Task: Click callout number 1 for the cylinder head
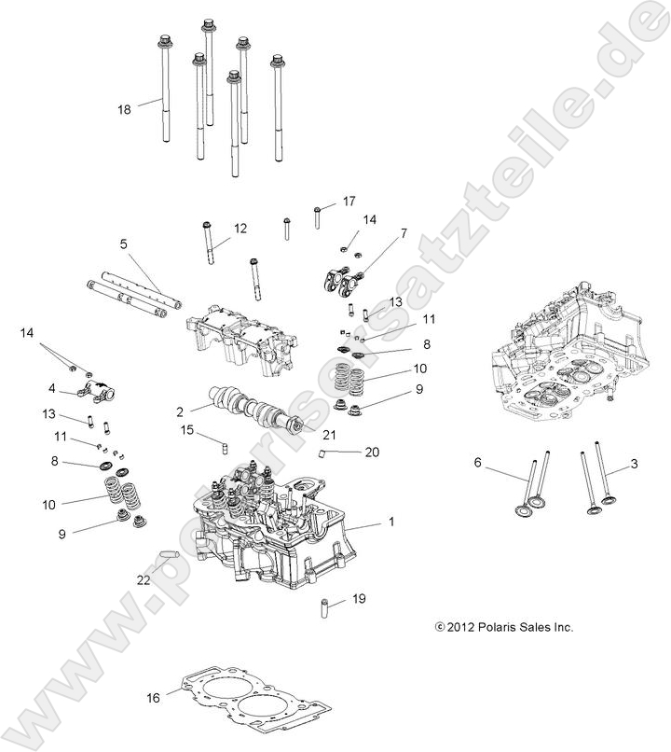point(391,522)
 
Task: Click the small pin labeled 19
point(328,607)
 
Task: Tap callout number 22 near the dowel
point(144,579)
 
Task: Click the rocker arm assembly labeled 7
point(343,278)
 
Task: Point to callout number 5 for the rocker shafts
point(123,244)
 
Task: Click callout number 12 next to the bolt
point(240,228)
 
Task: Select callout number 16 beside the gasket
point(154,697)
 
